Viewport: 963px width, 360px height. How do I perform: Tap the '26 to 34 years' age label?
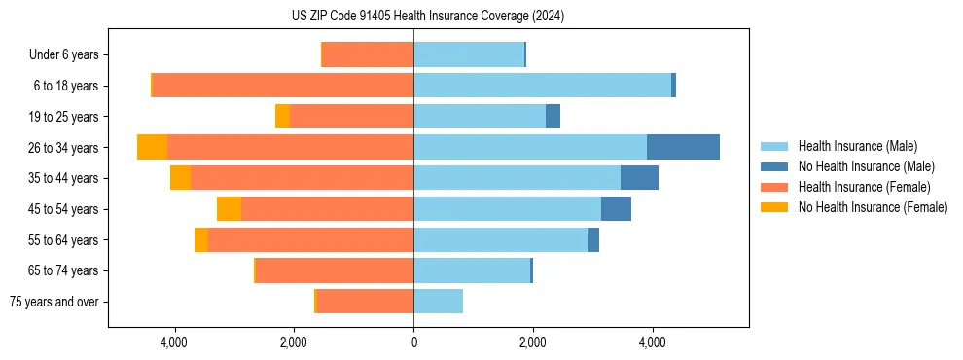click(x=64, y=148)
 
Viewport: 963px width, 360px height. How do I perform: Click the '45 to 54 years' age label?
click(x=64, y=209)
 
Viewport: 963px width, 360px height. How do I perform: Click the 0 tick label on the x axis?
click(x=413, y=342)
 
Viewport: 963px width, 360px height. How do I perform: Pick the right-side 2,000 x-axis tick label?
click(x=533, y=342)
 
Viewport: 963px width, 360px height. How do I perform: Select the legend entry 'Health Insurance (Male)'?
click(x=857, y=146)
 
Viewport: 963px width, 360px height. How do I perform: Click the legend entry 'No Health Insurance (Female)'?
click(x=873, y=207)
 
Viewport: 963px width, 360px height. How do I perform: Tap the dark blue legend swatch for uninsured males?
click(x=775, y=166)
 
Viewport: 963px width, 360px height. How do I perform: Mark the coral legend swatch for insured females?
click(x=775, y=187)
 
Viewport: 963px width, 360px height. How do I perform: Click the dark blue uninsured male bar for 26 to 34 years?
click(x=683, y=147)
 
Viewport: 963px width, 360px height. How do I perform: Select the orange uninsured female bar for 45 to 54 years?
click(x=229, y=209)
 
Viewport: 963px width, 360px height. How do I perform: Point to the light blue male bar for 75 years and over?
click(x=438, y=302)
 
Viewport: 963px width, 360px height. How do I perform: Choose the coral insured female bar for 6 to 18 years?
click(x=283, y=86)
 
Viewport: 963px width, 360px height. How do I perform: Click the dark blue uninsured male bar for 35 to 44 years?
click(x=639, y=178)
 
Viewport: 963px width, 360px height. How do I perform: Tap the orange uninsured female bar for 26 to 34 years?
click(x=152, y=147)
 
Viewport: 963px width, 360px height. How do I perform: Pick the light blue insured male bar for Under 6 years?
click(x=469, y=54)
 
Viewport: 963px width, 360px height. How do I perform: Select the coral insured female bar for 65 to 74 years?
click(x=335, y=270)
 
